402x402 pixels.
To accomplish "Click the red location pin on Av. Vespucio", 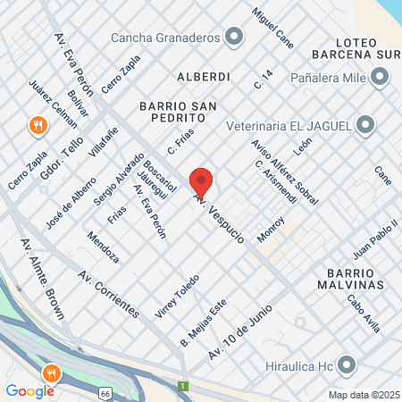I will pos(201,181).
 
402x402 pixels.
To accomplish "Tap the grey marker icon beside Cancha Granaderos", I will pos(234,38).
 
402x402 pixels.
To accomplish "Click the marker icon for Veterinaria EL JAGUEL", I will pos(365,124).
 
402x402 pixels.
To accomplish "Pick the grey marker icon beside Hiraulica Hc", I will pos(348,364).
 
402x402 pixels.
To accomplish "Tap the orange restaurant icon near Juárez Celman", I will pos(38,125).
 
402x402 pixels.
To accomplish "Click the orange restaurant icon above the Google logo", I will pos(52,373).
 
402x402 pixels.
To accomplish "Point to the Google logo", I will pos(29,390).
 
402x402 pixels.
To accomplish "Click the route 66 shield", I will pos(105,392).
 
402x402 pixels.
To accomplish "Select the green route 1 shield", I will pos(184,387).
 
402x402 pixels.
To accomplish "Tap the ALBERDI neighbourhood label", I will pos(204,77).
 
